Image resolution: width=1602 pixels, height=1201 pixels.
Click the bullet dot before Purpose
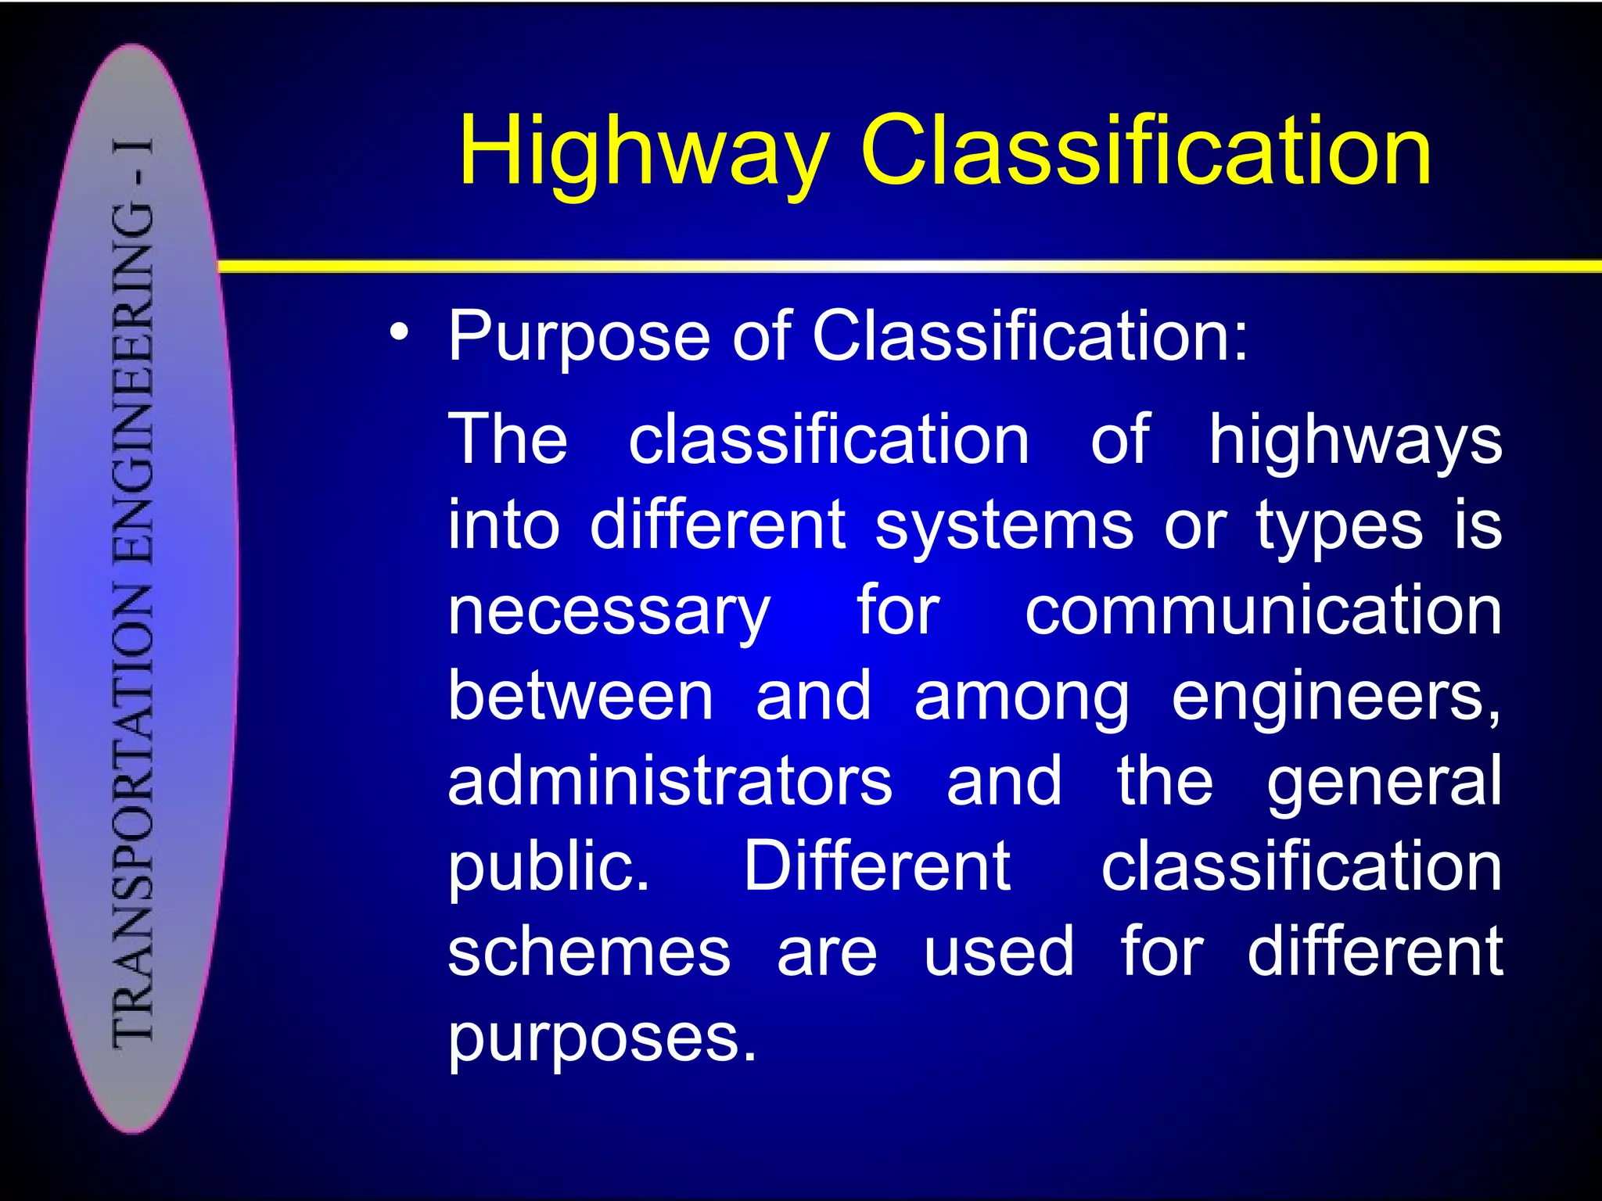(400, 334)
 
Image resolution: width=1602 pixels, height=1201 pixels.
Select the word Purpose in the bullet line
(579, 338)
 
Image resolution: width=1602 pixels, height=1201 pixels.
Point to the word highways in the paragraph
(1355, 441)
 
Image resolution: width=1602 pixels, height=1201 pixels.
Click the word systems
(1004, 525)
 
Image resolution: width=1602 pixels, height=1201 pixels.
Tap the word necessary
(609, 613)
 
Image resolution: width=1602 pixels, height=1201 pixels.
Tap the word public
(548, 868)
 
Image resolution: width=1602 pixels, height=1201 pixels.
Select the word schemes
(589, 952)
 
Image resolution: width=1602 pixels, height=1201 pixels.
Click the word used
(999, 952)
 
